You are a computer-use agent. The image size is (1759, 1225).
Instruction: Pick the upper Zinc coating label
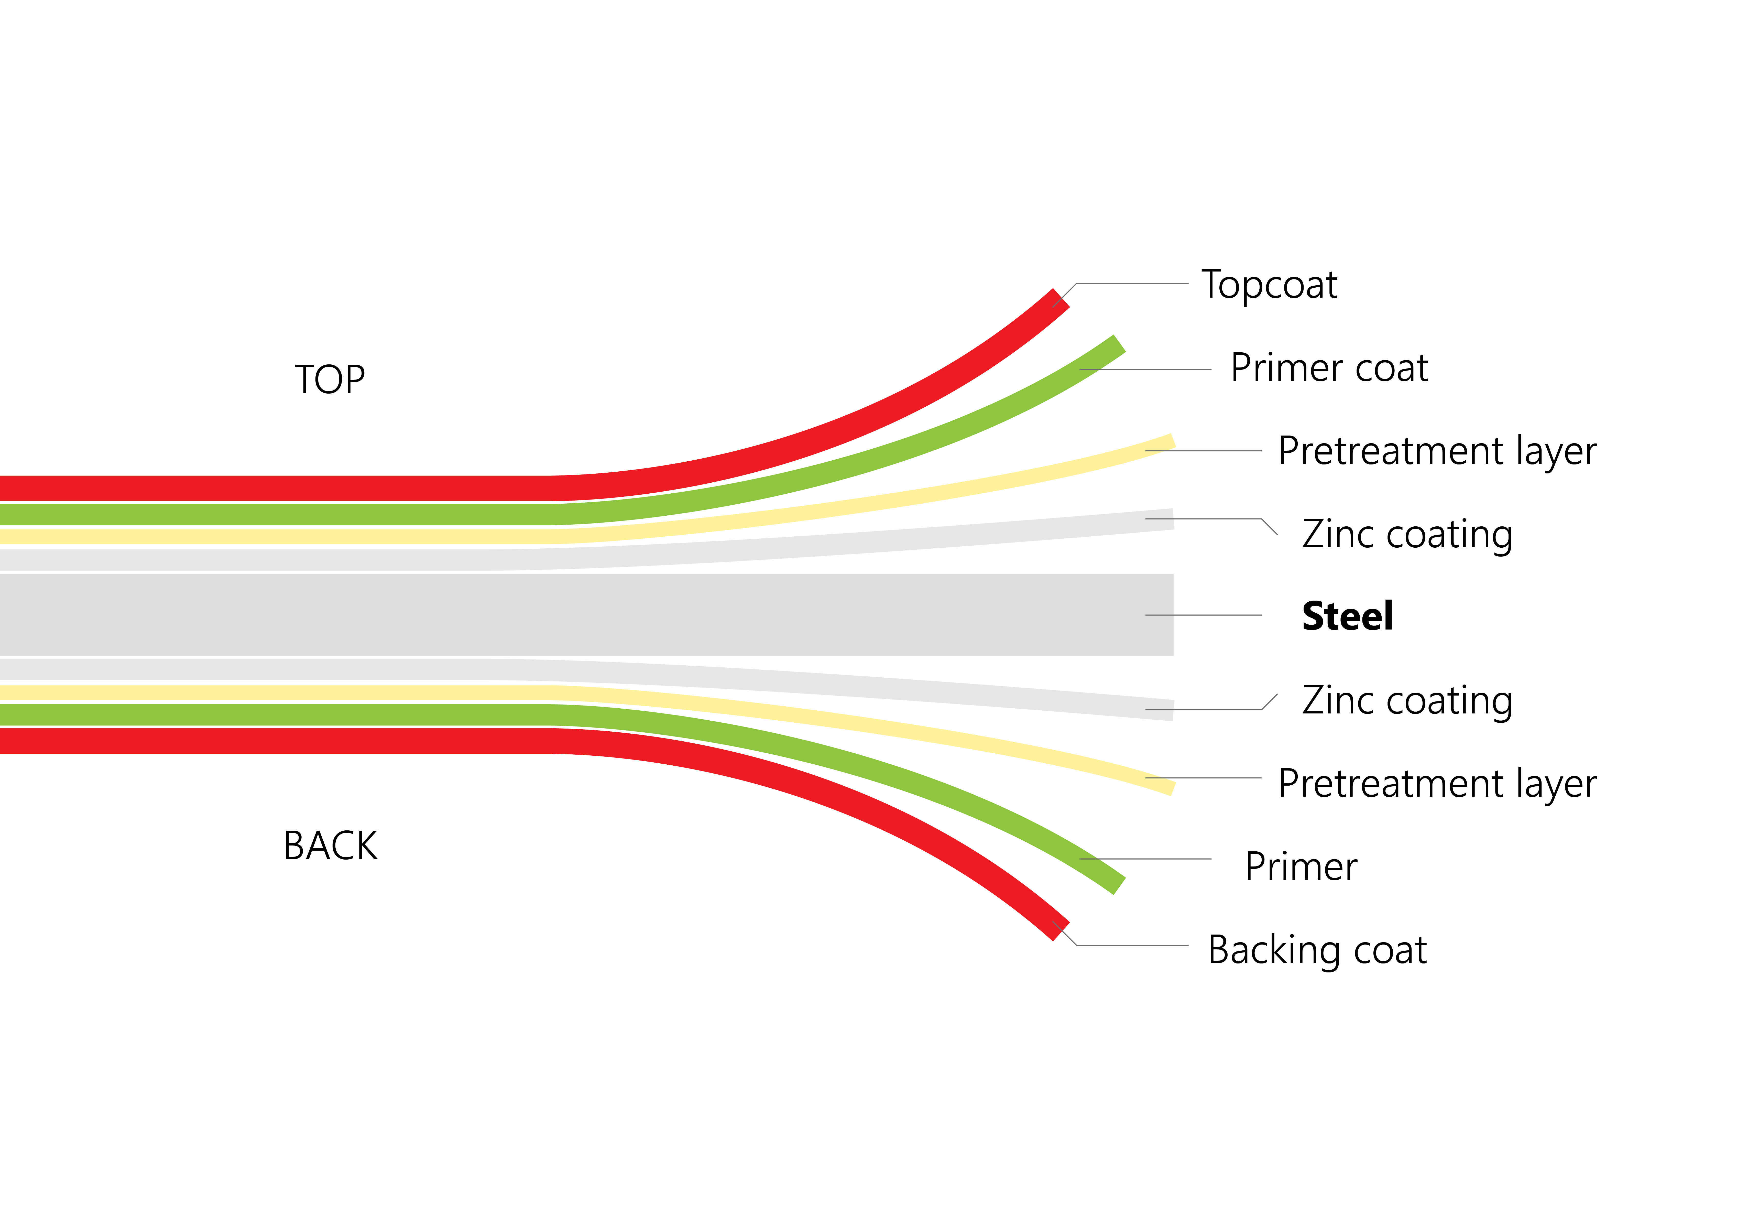coord(1407,535)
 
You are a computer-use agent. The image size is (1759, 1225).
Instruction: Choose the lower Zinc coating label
coord(1407,701)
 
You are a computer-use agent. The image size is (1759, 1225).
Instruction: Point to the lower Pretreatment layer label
coord(1437,785)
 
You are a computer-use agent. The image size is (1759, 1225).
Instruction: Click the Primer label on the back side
coord(1301,866)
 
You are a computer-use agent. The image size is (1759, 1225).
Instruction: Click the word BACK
coord(330,846)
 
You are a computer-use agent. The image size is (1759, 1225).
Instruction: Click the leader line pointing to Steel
coord(1203,615)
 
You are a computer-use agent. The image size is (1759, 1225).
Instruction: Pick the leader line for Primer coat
coord(1145,370)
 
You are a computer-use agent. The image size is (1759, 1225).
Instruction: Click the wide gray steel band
coord(586,615)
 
